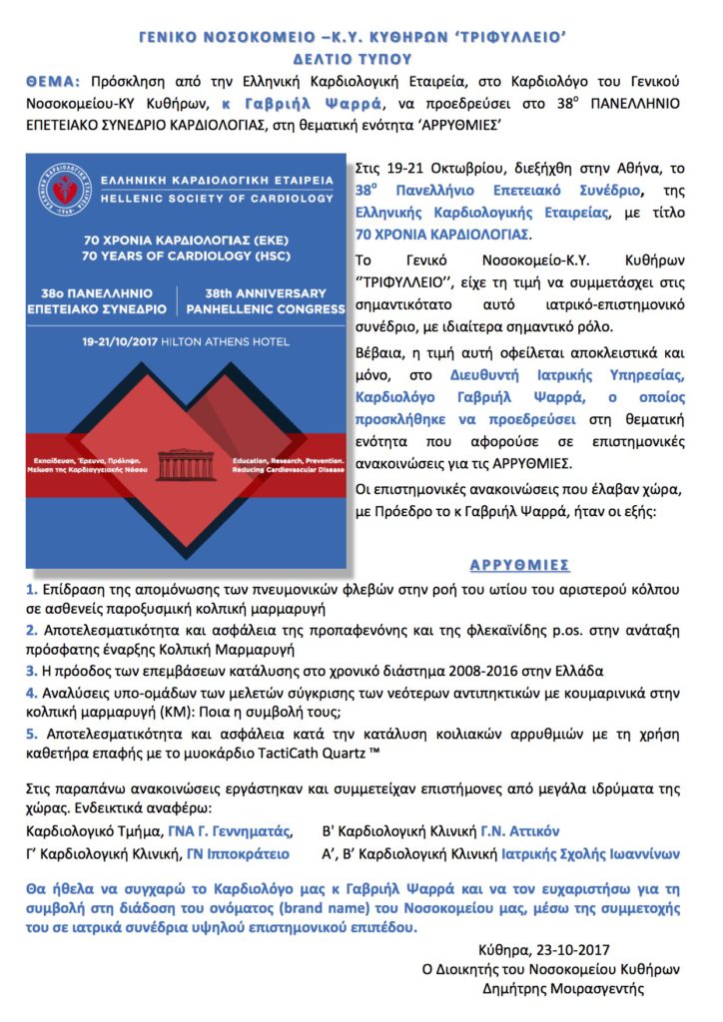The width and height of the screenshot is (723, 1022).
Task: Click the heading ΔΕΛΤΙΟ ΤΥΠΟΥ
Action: pyautogui.click(x=361, y=59)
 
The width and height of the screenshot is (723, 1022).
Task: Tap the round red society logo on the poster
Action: pyautogui.click(x=58, y=186)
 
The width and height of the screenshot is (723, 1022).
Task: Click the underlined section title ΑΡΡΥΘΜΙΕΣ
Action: pyautogui.click(x=521, y=565)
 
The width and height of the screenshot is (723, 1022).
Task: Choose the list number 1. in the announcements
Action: pyautogui.click(x=32, y=590)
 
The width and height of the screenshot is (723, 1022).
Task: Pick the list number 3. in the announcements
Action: pyautogui.click(x=32, y=670)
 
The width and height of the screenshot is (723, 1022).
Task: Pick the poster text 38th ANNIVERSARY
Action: pyautogui.click(x=265, y=293)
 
